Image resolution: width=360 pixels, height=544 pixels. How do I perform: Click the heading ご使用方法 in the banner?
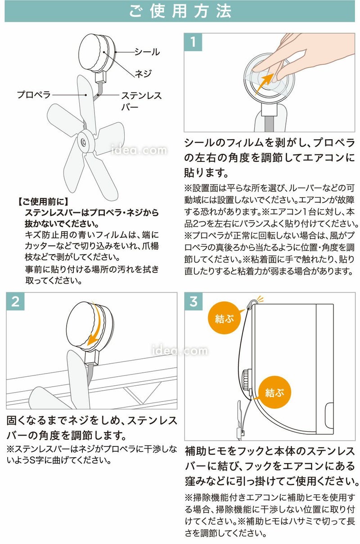(180, 11)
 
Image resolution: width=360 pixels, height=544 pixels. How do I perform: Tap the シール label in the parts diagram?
(147, 52)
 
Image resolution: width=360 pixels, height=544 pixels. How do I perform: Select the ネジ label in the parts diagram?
(143, 73)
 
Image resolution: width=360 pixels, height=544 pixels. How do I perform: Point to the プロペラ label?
(34, 94)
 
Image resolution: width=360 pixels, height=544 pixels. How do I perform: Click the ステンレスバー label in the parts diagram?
(141, 101)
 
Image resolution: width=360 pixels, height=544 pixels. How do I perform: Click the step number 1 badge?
(193, 42)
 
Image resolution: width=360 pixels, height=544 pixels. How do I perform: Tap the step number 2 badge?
(15, 301)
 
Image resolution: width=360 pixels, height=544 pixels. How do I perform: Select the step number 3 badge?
(193, 301)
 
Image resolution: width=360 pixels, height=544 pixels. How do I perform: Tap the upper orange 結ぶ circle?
(224, 318)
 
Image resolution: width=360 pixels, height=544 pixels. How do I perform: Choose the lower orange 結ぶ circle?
(274, 392)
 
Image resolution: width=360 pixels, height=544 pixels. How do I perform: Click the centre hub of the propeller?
(84, 142)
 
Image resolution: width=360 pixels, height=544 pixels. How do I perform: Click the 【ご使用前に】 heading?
(43, 201)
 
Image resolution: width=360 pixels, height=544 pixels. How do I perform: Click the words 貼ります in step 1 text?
(206, 173)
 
